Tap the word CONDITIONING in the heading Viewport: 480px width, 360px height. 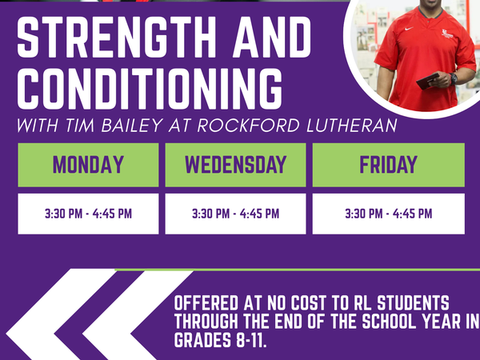click(x=150, y=89)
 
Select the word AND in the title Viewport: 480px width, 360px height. click(x=272, y=37)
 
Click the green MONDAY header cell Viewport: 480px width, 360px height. click(x=88, y=165)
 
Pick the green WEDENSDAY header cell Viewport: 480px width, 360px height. click(x=235, y=165)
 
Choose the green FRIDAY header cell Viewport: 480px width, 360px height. click(x=389, y=165)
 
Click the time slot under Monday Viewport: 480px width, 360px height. click(x=88, y=214)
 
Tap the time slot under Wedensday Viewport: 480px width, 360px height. click(x=235, y=214)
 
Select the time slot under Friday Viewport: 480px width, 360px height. click(x=389, y=214)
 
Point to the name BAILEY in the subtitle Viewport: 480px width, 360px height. click(x=132, y=126)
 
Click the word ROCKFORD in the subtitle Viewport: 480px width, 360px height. click(x=248, y=126)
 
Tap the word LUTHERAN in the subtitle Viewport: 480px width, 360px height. click(x=352, y=126)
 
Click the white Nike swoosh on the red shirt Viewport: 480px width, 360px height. click(x=409, y=29)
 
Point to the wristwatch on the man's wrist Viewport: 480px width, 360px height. click(x=453, y=78)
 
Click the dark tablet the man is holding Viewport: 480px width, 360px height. click(x=428, y=81)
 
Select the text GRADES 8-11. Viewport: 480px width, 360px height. click(x=221, y=341)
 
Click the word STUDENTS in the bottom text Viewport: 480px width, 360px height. click(x=413, y=303)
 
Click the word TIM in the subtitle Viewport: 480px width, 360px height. click(x=79, y=126)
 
